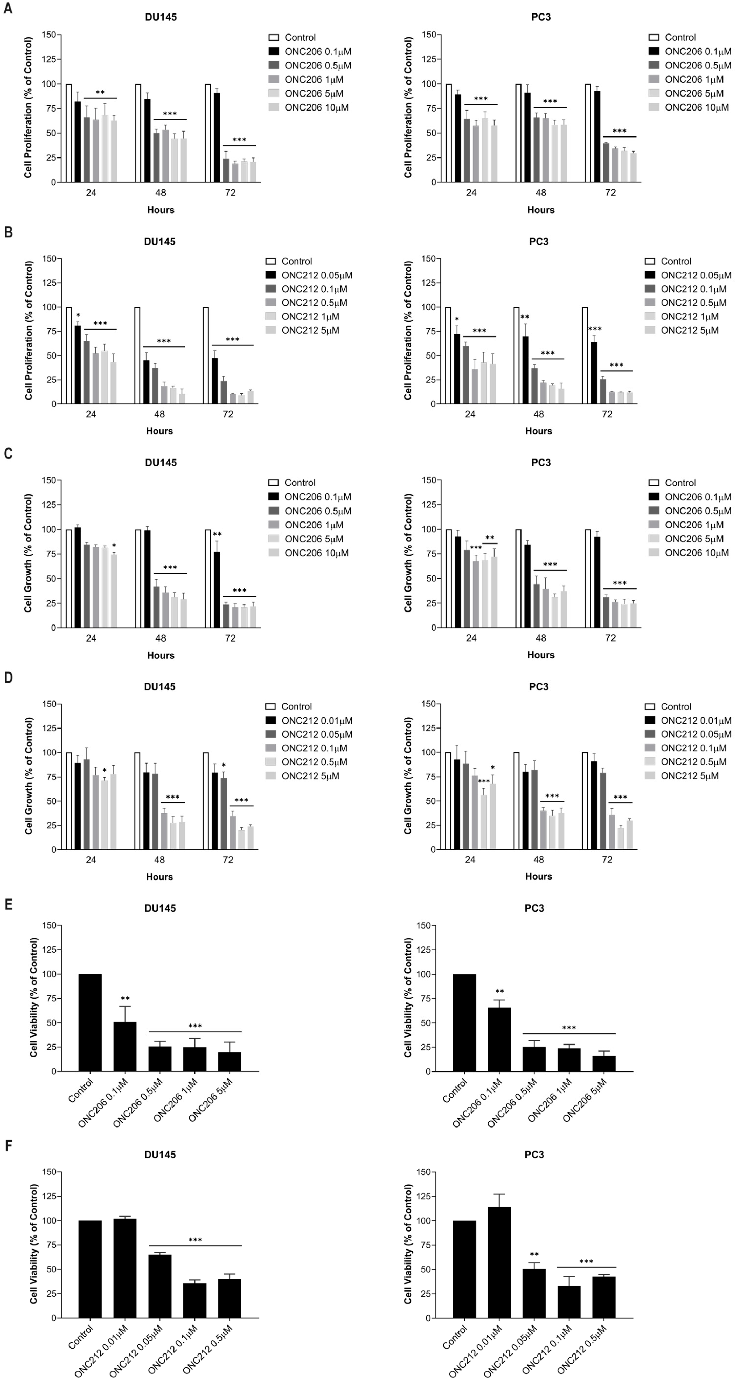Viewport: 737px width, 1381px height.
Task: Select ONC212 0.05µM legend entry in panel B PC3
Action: click(x=688, y=275)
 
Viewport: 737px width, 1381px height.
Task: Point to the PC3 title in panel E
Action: click(x=534, y=908)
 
